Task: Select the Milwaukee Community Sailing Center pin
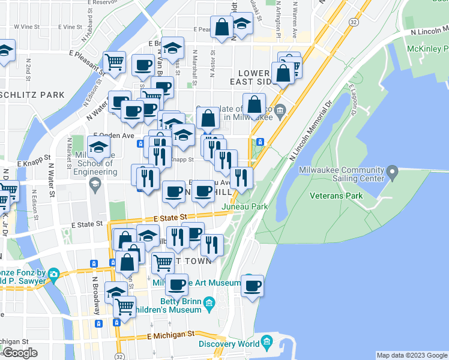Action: click(x=393, y=174)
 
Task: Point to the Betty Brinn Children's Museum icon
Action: click(x=209, y=302)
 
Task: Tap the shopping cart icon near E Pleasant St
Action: click(x=113, y=61)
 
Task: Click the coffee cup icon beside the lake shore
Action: click(x=253, y=284)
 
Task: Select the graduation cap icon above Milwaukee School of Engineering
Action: click(x=98, y=146)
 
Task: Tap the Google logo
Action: click(x=19, y=353)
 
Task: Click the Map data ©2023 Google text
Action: click(x=411, y=355)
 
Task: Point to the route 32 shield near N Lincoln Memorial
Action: click(x=355, y=22)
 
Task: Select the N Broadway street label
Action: click(x=95, y=295)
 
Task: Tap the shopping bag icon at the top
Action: click(x=222, y=27)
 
